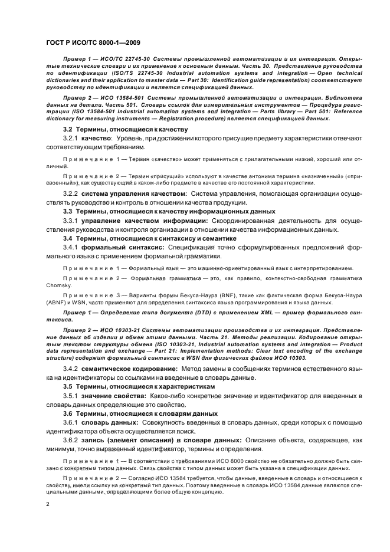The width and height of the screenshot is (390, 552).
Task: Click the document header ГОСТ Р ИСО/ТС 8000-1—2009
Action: [x=92, y=42]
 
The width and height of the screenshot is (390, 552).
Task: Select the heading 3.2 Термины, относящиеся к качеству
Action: [x=125, y=129]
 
